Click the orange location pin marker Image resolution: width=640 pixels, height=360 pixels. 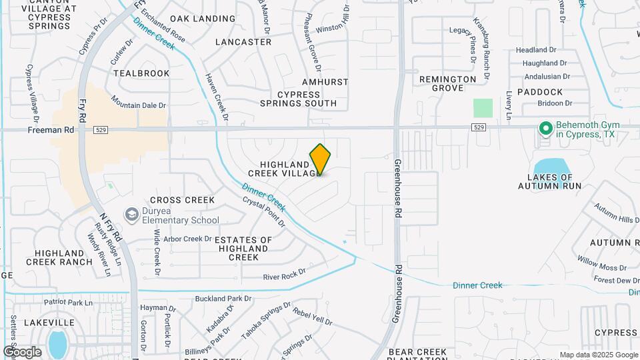[320, 159]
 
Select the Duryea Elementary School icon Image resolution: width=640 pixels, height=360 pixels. [131, 214]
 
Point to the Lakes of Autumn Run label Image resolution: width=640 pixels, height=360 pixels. [550, 181]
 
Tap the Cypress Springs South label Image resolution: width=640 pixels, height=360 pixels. [298, 99]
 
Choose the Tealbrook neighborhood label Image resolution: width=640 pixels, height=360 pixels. [141, 73]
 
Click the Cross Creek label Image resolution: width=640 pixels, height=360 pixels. [182, 200]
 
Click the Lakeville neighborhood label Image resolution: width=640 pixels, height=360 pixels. [49, 322]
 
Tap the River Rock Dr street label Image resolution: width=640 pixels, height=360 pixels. [284, 273]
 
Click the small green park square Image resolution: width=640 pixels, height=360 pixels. [483, 108]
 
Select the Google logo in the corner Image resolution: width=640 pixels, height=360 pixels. [22, 351]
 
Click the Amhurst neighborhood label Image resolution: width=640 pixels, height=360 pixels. [325, 82]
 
